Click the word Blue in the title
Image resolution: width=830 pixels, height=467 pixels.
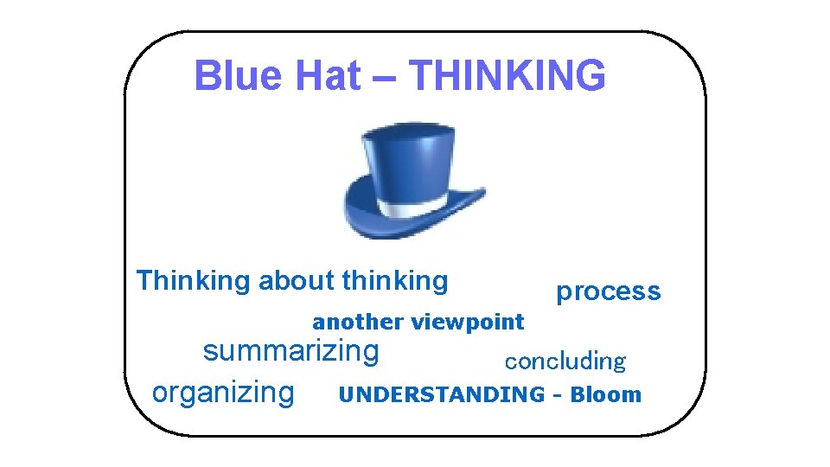[x=227, y=76]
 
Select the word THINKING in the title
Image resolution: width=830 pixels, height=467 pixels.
[x=508, y=76]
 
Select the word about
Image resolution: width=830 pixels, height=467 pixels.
[x=296, y=281]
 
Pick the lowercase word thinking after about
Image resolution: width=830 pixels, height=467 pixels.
[x=395, y=281]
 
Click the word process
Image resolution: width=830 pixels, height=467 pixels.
[x=608, y=292]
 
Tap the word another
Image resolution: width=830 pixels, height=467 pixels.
[x=358, y=323]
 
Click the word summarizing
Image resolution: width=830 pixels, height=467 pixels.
[x=290, y=352]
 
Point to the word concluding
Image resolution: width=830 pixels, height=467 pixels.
[x=565, y=361]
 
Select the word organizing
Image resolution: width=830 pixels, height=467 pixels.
[x=223, y=393]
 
